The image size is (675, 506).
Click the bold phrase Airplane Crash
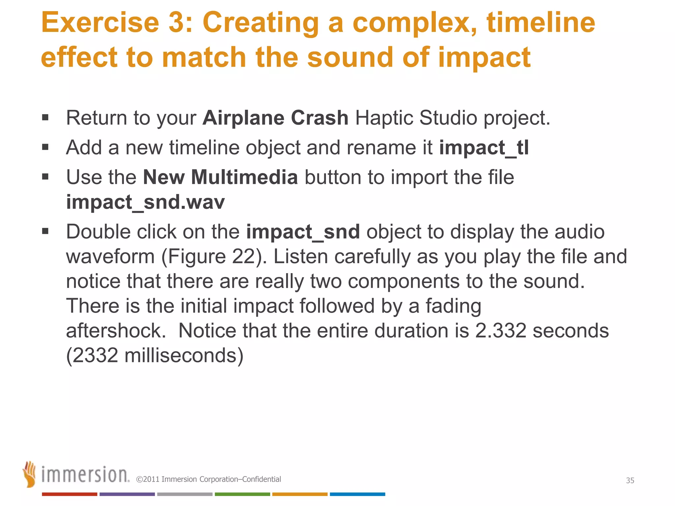[275, 118]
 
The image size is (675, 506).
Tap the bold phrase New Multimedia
[220, 177]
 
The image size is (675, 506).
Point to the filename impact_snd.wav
[145, 202]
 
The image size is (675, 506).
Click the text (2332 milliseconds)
[155, 355]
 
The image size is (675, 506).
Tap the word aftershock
[116, 330]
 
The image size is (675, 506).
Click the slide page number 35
[630, 480]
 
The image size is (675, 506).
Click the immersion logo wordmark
[85, 475]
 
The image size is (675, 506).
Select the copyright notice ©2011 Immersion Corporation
[208, 479]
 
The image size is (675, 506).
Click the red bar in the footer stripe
[69, 494]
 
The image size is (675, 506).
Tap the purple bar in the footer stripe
[127, 494]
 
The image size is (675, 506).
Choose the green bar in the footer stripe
[242, 494]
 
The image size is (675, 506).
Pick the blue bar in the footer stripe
[357, 494]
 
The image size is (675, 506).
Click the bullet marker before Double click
[45, 231]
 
